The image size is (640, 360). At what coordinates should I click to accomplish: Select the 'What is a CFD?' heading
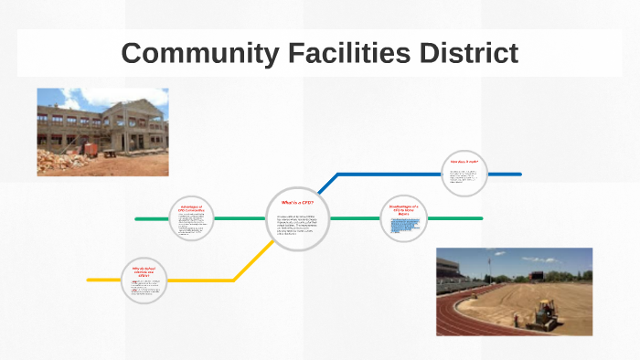298,202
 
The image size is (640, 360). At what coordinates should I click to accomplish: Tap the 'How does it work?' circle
464,173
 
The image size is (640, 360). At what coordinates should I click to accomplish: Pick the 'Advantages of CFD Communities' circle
192,219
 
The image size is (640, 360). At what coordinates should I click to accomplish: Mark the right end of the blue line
519,174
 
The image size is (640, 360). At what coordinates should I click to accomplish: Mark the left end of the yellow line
89,280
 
